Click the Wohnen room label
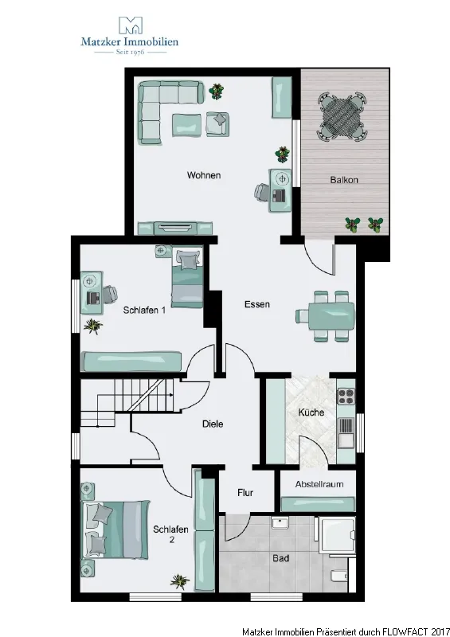pyautogui.click(x=204, y=175)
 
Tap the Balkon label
pyautogui.click(x=344, y=180)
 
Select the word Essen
pyautogui.click(x=257, y=304)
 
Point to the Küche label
pyautogui.click(x=311, y=412)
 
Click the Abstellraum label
pyautogui.click(x=319, y=484)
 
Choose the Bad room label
pyautogui.click(x=280, y=558)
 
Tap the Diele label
pyautogui.click(x=213, y=424)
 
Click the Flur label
pyautogui.click(x=245, y=493)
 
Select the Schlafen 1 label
pyautogui.click(x=144, y=311)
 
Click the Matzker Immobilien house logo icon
pyautogui.click(x=130, y=25)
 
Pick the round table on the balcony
pyautogui.click(x=342, y=115)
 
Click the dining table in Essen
pyautogui.click(x=331, y=316)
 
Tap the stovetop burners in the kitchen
pyautogui.click(x=346, y=396)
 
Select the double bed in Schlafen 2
pyautogui.click(x=115, y=530)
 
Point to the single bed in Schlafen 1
pyautogui.click(x=187, y=277)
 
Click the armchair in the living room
pyautogui.click(x=217, y=123)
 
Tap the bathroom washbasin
pyautogui.click(x=280, y=522)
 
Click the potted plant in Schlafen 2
pyautogui.click(x=180, y=582)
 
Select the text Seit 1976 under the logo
pyautogui.click(x=130, y=52)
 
